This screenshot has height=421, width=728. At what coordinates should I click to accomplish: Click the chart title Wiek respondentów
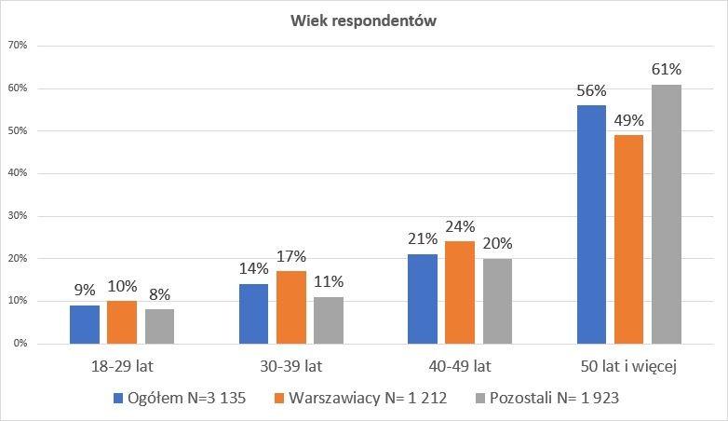(364, 20)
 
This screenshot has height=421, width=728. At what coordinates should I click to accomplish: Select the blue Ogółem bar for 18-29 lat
(85, 324)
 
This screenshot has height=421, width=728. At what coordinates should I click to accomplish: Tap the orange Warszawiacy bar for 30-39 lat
(291, 307)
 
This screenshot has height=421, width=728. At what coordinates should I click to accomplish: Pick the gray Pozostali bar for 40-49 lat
(497, 301)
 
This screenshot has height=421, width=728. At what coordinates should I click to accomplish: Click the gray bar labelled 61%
(667, 214)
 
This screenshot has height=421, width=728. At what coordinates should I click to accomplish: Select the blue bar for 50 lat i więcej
(591, 224)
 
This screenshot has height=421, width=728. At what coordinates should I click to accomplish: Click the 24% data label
(460, 226)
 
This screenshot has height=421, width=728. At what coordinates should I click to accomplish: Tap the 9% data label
(85, 290)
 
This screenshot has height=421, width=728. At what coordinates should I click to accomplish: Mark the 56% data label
(591, 90)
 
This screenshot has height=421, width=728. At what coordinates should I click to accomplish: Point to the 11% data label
(329, 281)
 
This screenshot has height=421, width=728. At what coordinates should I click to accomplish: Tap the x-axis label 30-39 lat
(291, 368)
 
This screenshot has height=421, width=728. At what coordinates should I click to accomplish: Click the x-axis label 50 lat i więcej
(628, 368)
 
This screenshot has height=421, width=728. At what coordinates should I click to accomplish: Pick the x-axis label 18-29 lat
(122, 368)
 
